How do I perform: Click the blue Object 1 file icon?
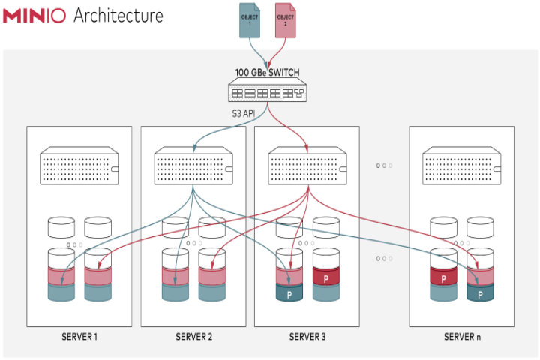(250, 20)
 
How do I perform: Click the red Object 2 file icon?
(286, 20)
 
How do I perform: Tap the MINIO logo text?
(34, 16)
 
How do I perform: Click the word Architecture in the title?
(118, 16)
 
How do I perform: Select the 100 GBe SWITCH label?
(267, 72)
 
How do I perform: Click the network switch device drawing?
(268, 89)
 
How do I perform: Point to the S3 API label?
(244, 113)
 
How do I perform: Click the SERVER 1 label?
(79, 337)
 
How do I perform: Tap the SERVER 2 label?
(194, 337)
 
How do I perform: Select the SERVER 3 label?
(307, 337)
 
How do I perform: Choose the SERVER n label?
(462, 337)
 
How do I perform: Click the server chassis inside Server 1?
(79, 166)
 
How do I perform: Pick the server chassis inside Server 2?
(193, 166)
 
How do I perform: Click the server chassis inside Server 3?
(307, 166)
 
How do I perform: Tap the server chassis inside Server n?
(462, 166)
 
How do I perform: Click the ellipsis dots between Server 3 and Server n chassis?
(384, 166)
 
